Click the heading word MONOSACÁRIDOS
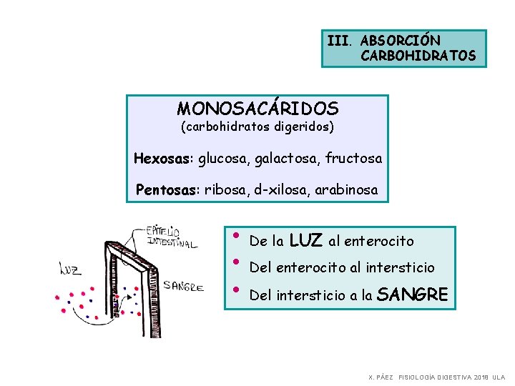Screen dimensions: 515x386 pos(257,109)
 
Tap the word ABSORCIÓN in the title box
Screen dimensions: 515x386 pos(401,41)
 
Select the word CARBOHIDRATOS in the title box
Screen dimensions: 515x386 pos(418,56)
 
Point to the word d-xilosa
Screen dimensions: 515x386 pos(280,190)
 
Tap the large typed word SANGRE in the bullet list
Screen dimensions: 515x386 pos(413,294)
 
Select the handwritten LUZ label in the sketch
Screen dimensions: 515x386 pos(69,269)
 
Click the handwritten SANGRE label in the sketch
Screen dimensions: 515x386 pos(184,287)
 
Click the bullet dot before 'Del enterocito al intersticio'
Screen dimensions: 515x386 pos(237,262)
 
